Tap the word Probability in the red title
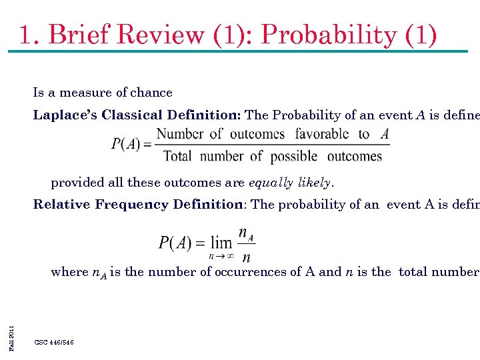pos(329,35)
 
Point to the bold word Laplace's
pos(65,115)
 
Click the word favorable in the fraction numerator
pos(322,134)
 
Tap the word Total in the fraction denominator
pos(177,157)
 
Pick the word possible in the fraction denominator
pos(295,157)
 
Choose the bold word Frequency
pos(133,204)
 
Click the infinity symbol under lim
pos(227,255)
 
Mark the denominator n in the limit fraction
pos(247,257)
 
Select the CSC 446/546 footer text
pos(54,342)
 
